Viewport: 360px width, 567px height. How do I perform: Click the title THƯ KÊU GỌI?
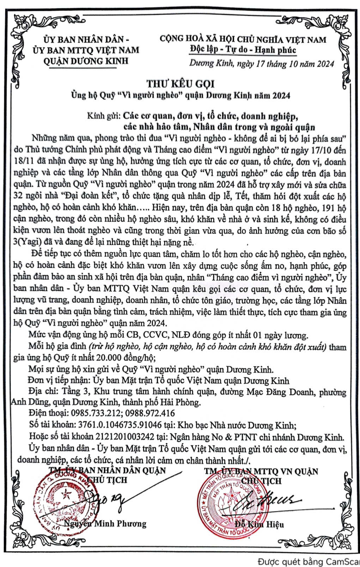pos(180,84)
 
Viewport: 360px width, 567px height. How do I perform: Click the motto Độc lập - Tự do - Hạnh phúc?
pos(243,50)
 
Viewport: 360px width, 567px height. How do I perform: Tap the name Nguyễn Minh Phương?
pos(105,523)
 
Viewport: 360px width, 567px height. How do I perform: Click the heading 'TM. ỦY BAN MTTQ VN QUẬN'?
pos(261,471)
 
